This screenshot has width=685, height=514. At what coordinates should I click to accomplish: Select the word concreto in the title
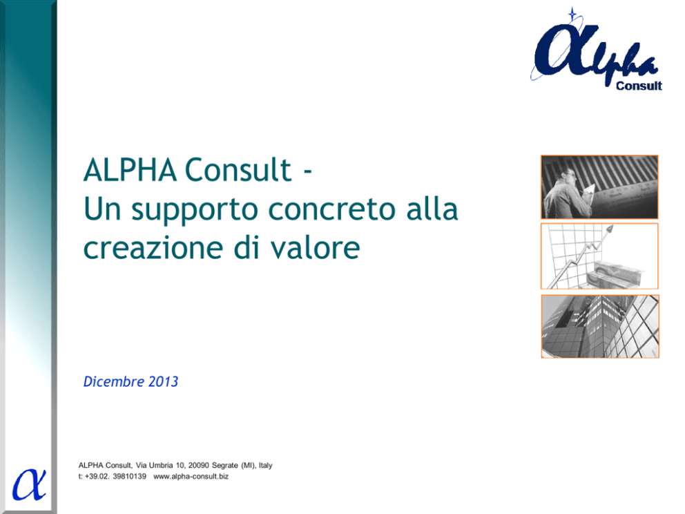331,209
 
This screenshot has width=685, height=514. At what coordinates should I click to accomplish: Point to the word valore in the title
315,247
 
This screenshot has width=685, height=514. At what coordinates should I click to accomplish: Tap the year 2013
163,381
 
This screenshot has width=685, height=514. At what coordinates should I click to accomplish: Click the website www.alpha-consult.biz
191,477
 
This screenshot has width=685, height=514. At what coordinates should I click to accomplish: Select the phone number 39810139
129,477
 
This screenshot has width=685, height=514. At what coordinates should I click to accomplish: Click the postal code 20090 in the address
198,466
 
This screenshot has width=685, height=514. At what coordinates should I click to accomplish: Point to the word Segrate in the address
225,466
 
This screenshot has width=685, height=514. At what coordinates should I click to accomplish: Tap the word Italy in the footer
266,466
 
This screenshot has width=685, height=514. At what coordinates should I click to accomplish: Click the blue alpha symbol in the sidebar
29,484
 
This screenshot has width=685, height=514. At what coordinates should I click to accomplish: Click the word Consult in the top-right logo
639,86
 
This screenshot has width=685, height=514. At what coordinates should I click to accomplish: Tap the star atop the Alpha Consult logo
572,14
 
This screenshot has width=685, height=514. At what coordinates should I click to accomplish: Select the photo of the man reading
599,187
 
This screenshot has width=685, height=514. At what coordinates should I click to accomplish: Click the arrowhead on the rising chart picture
610,228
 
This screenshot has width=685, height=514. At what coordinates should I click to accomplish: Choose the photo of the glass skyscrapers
600,327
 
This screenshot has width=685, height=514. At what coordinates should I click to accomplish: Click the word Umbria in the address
161,466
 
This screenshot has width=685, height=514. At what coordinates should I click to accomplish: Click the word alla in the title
432,209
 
